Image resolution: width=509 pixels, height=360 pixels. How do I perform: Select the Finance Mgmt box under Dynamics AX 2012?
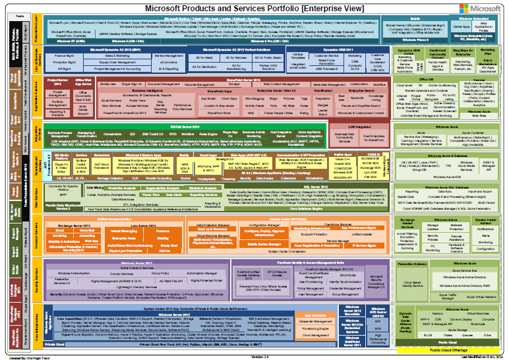(x=64, y=57)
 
